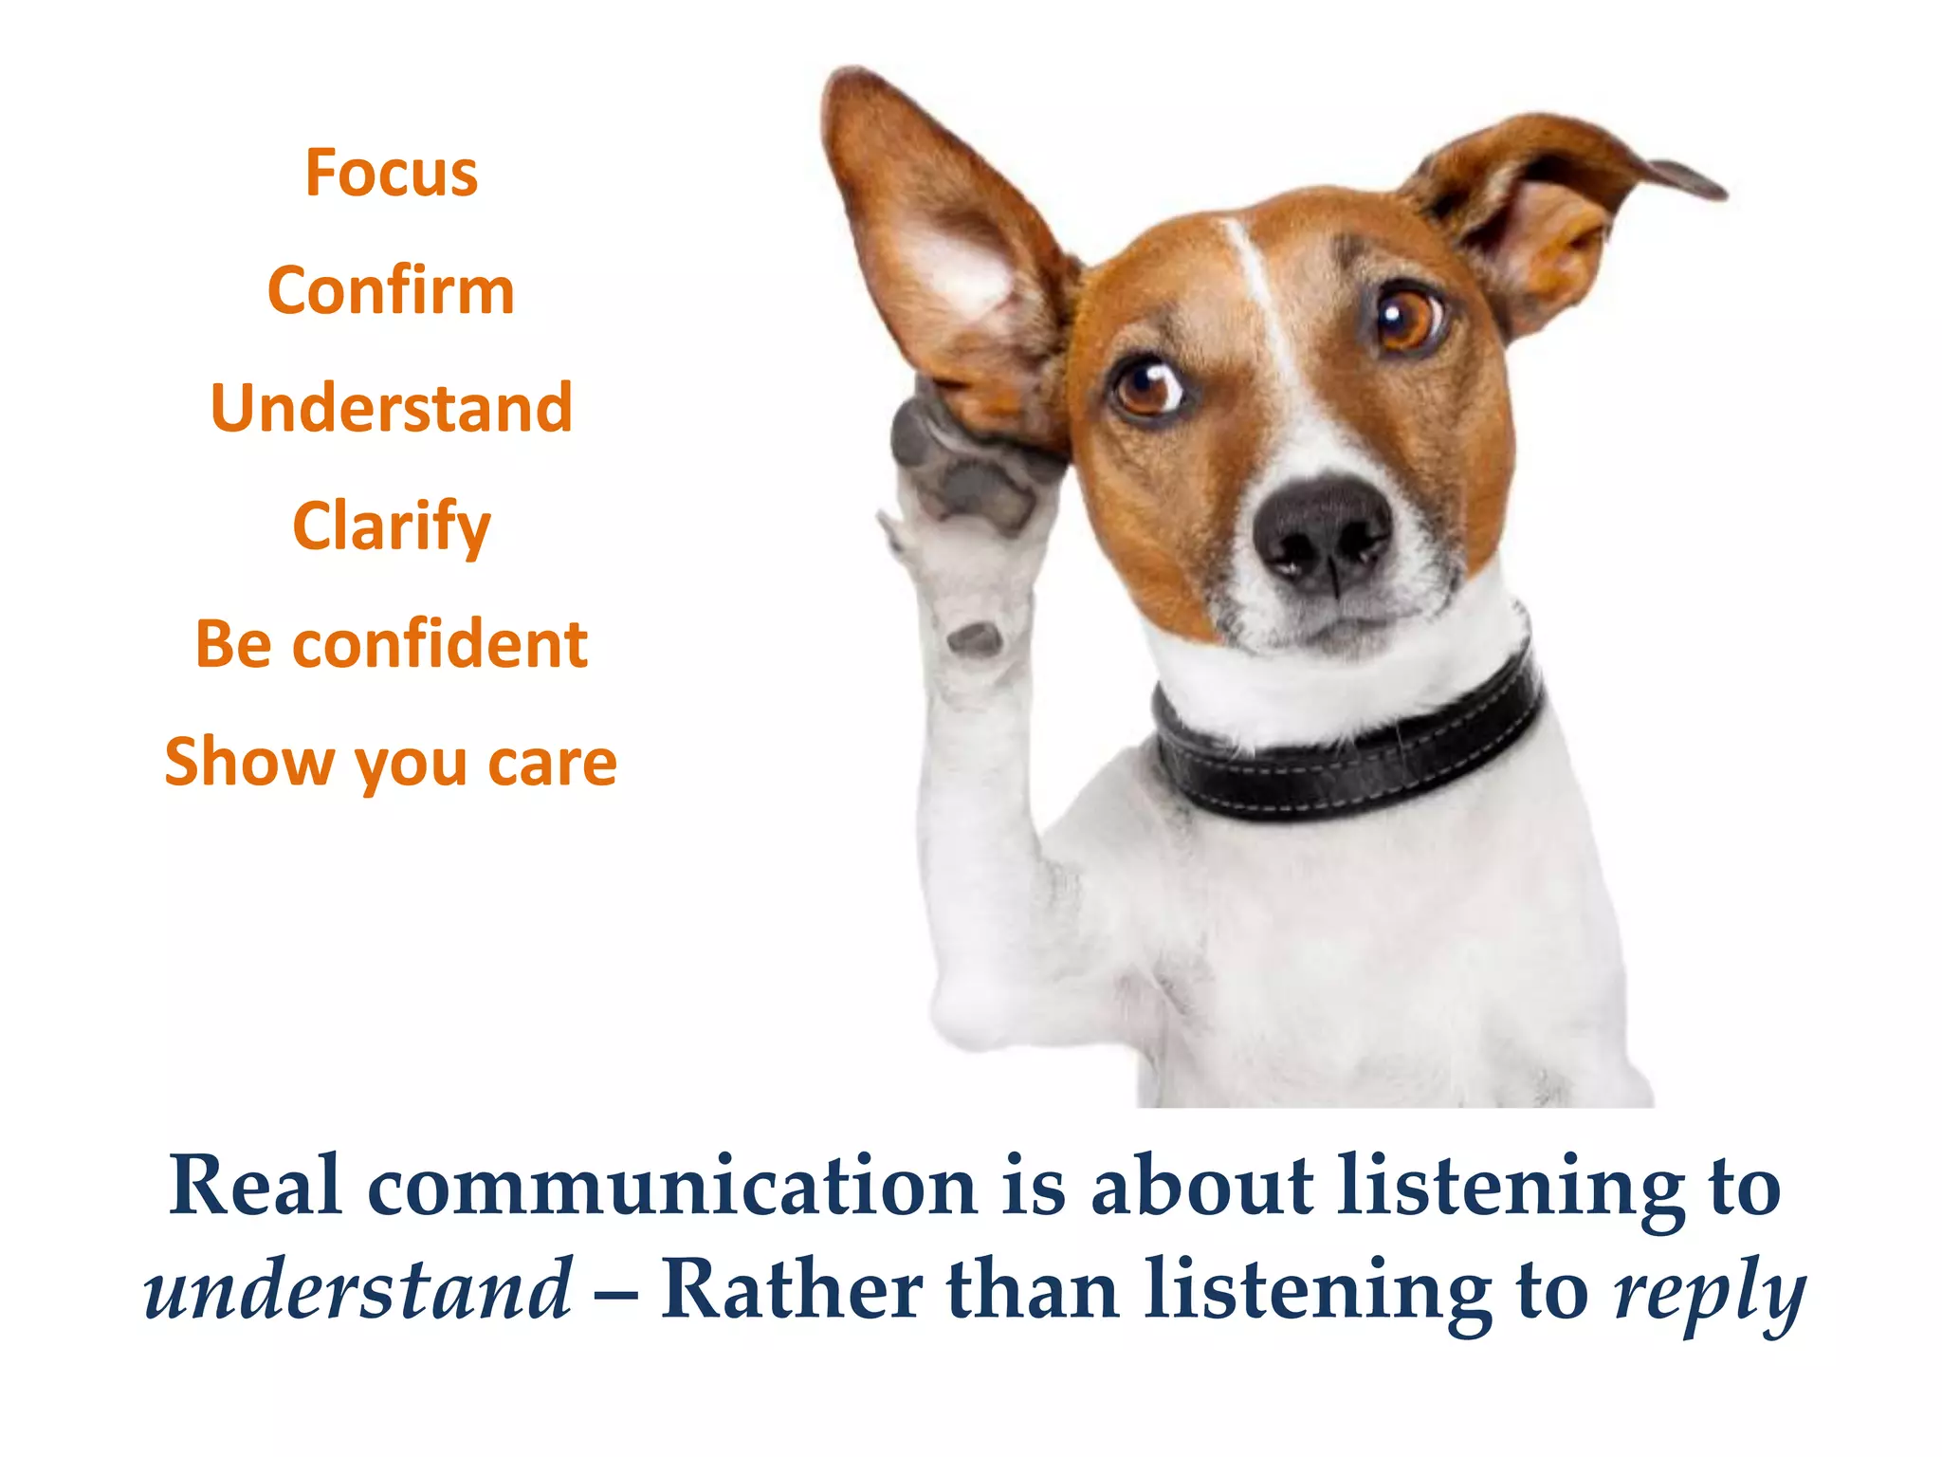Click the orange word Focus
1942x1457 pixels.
tap(391, 174)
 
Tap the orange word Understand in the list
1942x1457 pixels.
tap(391, 408)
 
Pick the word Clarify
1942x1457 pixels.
tap(391, 526)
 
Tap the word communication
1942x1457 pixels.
tap(672, 1188)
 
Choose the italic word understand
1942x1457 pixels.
tap(358, 1289)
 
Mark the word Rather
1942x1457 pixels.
tap(791, 1289)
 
